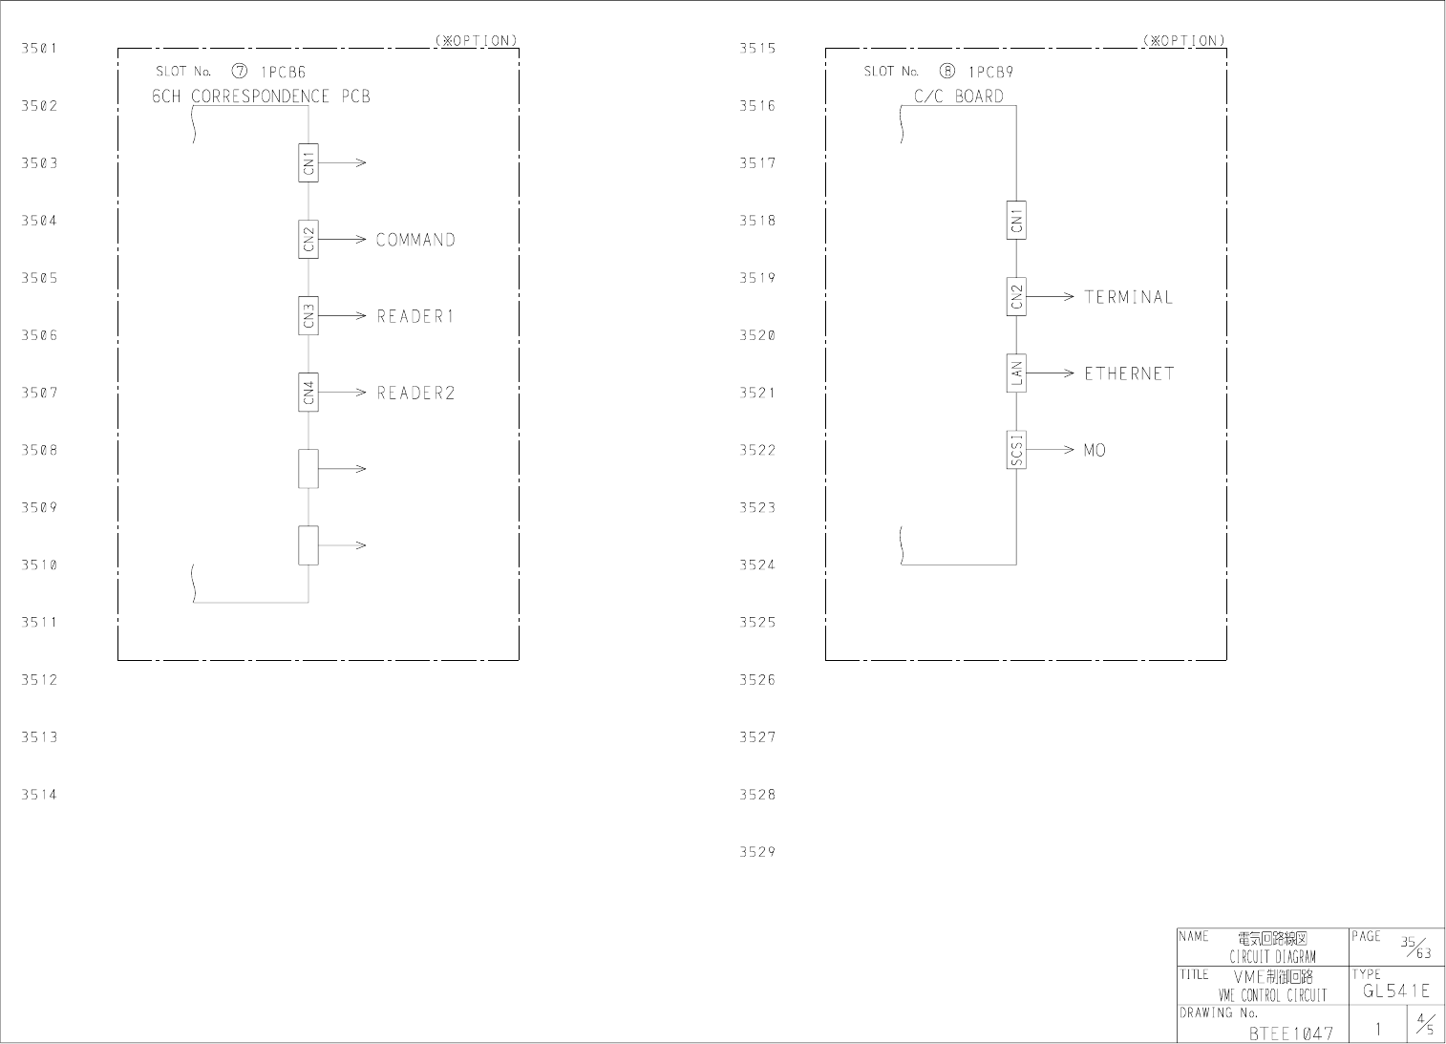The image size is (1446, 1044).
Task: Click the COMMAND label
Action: [415, 240]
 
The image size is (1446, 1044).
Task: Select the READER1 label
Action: [415, 316]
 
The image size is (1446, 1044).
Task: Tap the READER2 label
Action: [415, 393]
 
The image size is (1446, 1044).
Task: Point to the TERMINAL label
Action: [1128, 297]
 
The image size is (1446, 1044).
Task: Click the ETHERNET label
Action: [1129, 373]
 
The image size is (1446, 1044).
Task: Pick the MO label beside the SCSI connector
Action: [1095, 450]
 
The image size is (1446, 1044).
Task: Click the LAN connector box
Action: [1016, 373]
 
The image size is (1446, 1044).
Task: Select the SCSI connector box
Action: [1016, 450]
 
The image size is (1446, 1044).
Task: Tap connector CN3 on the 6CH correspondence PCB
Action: [308, 315]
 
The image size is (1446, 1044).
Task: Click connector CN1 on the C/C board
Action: [1016, 220]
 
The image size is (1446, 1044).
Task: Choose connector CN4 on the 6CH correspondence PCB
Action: [308, 392]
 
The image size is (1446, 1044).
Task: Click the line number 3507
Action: [40, 393]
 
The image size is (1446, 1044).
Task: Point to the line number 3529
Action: [757, 852]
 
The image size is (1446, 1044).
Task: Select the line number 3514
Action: [40, 795]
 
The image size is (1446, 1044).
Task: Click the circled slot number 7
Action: [239, 72]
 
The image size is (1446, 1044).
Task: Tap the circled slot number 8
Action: [946, 72]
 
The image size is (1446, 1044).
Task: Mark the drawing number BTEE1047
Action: [1290, 1033]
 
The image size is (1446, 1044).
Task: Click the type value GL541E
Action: [1396, 991]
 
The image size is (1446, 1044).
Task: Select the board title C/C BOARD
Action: [959, 96]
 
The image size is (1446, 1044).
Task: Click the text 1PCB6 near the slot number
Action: [283, 72]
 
